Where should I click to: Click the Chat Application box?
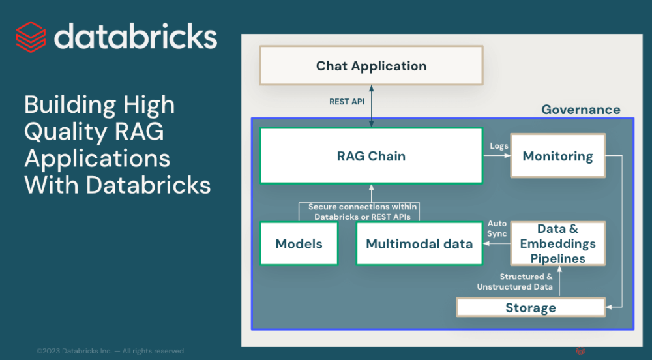tap(371, 65)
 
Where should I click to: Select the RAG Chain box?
tap(371, 156)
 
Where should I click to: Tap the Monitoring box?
tap(557, 156)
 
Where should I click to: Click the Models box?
tap(299, 243)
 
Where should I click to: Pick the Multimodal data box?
tap(419, 243)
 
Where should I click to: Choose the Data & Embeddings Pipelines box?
tap(557, 243)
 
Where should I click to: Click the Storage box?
tap(530, 308)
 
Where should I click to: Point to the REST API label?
tap(347, 102)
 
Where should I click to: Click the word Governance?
tap(581, 110)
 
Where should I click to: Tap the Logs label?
tap(499, 146)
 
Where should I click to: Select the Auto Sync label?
tap(497, 228)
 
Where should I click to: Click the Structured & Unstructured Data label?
tap(515, 282)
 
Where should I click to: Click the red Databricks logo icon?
tap(31, 36)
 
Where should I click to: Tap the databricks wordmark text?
tap(136, 36)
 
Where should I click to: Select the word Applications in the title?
tap(97, 158)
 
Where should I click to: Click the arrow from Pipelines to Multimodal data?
tap(496, 244)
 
